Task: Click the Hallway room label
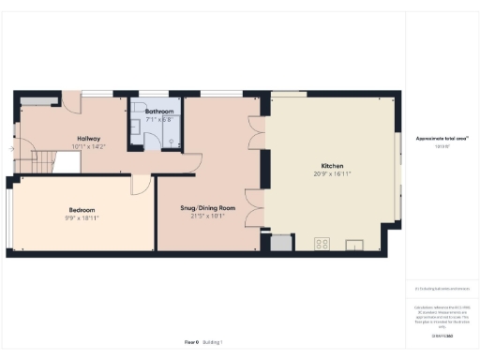pos(90,139)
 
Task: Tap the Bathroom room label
pos(158,112)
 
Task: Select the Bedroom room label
pos(82,209)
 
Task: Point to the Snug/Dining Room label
pos(207,208)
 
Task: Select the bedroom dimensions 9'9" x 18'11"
pos(82,217)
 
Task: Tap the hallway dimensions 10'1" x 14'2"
pos(90,146)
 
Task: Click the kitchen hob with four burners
pos(322,244)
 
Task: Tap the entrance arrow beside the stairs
pos(10,148)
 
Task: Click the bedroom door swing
pos(140,184)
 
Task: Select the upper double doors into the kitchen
pos(257,133)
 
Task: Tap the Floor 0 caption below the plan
pos(190,344)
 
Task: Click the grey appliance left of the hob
pos(278,244)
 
